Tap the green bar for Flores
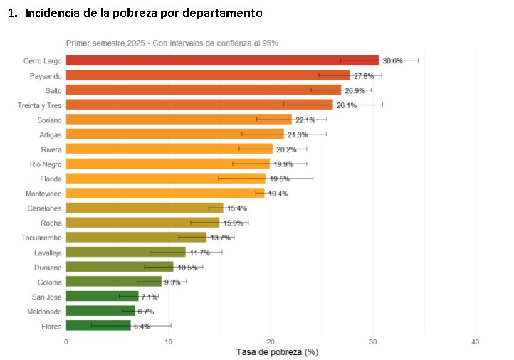pos(98,326)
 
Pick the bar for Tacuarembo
pos(136,238)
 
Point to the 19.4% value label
pos(278,194)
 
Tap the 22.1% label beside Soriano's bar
pos(305,120)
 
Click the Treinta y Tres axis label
pos(40,105)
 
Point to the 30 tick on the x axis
pos(373,342)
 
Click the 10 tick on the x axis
pos(168,342)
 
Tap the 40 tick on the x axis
pos(476,342)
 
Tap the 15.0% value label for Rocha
pos(233,223)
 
